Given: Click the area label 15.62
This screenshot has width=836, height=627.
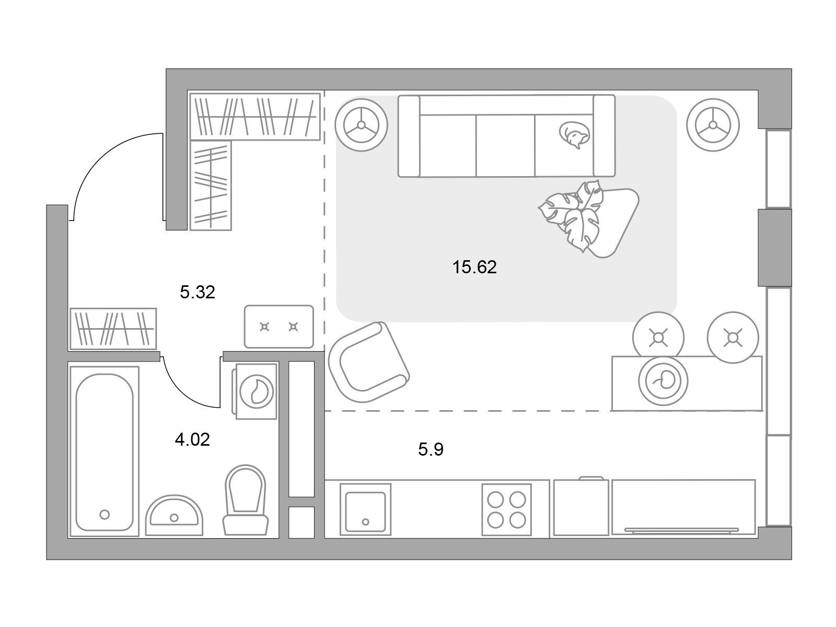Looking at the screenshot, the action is point(474,267).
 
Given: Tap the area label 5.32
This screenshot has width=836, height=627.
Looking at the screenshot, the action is point(198,292).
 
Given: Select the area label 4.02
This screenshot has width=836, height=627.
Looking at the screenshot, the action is point(192,440).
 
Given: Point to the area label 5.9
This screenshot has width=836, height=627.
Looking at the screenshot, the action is point(431,449).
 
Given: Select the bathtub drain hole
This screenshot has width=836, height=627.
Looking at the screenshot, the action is point(104,515).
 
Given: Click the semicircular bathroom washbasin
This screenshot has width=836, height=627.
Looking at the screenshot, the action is point(174,515).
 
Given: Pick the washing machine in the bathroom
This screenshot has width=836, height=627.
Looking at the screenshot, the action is point(256,391).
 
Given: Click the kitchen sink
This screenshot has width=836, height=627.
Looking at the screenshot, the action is point(365,510).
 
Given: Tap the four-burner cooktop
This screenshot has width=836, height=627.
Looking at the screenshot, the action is point(506,510).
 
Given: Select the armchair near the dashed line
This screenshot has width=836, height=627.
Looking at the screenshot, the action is point(368,362).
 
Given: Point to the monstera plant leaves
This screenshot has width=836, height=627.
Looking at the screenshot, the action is point(571,216).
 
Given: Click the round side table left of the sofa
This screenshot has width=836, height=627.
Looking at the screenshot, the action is point(361,125).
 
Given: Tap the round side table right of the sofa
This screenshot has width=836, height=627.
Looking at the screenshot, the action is point(713,125).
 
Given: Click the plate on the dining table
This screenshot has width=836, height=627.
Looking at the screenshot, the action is point(663,381).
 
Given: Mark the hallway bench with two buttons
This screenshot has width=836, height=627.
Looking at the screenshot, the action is point(279,327).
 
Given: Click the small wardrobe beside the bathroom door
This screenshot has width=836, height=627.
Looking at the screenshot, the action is point(113,329).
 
